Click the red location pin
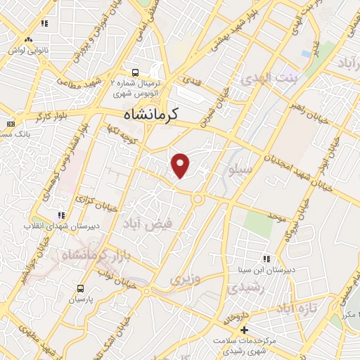tap(181, 165)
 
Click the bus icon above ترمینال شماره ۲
tap(136, 72)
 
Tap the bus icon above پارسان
tap(80, 288)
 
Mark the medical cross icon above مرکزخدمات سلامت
tap(244, 329)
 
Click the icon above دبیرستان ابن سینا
tap(265, 259)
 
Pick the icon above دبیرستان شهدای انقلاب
tap(61, 215)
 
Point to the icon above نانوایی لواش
tap(44, 23)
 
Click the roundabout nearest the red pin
tap(198, 199)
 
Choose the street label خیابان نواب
tap(115, 269)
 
